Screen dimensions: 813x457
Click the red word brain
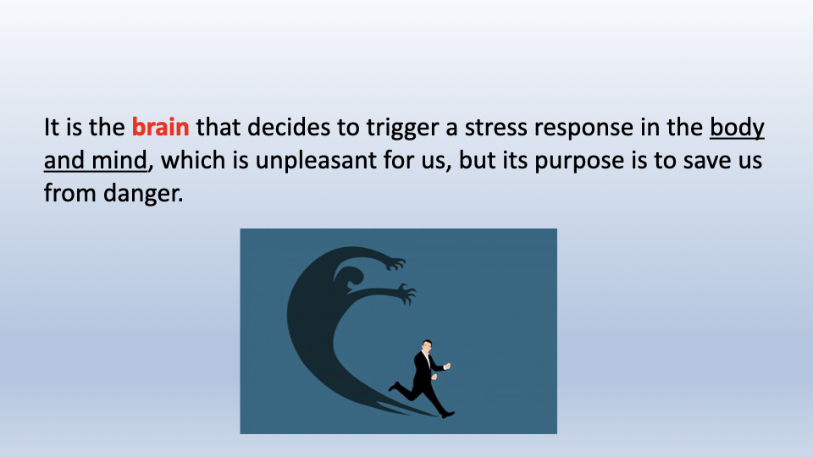(160, 127)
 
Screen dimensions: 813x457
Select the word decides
(289, 127)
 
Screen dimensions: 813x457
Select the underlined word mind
(119, 160)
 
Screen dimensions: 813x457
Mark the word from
(70, 193)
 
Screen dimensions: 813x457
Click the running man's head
(427, 345)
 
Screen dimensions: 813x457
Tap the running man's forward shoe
(447, 415)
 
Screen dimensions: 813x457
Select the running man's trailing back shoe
(394, 387)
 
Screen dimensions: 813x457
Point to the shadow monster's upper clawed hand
(395, 264)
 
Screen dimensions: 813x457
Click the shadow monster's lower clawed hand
(406, 294)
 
